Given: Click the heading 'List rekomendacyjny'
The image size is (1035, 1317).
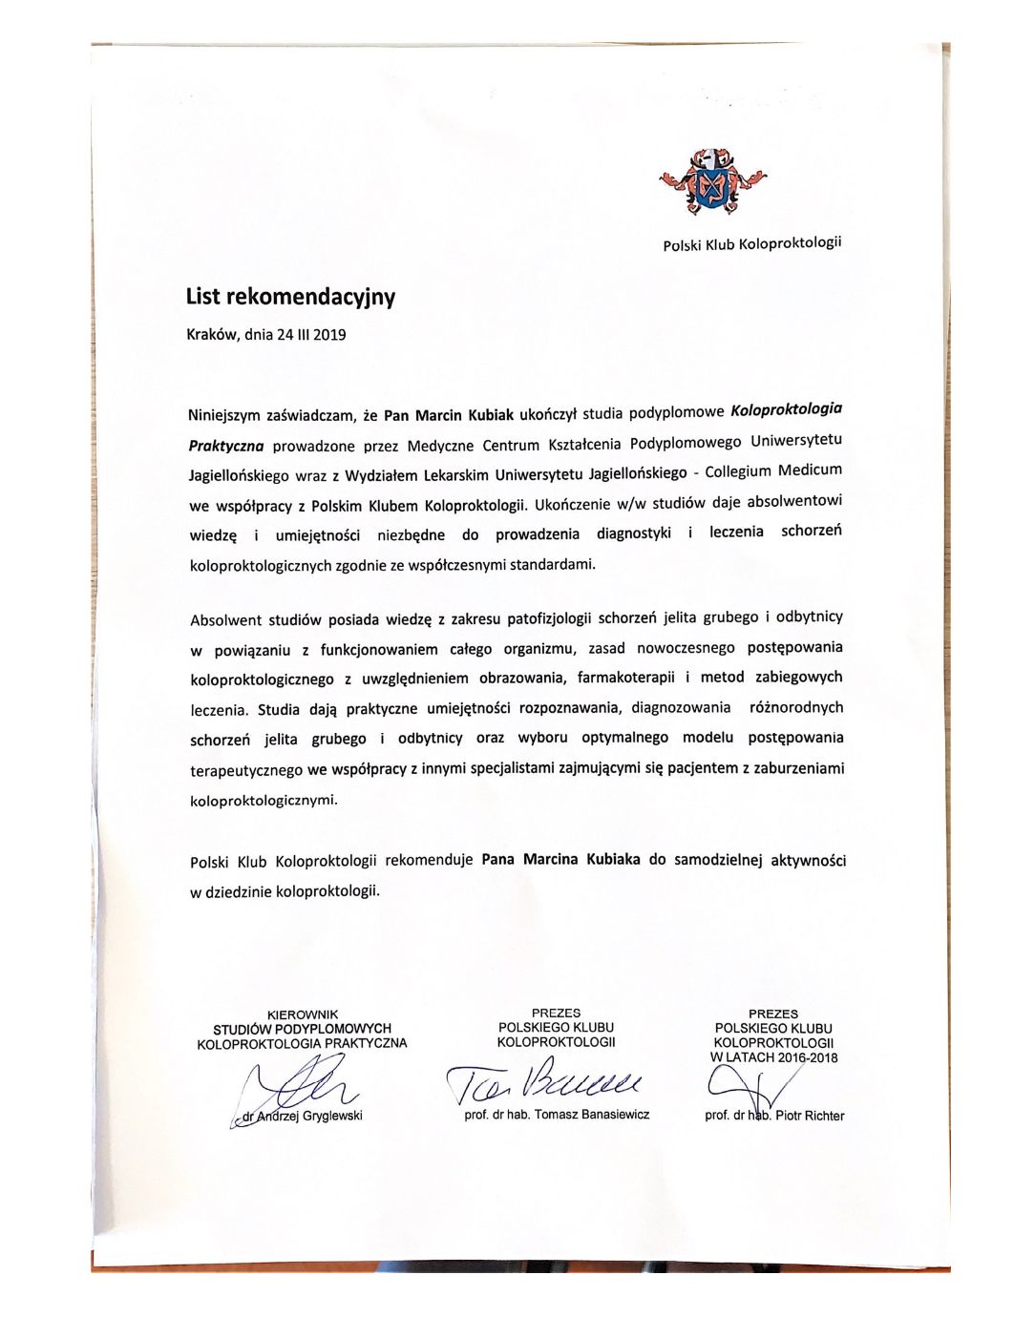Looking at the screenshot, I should pos(290,297).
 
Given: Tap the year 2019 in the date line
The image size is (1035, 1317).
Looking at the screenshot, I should pos(329,335).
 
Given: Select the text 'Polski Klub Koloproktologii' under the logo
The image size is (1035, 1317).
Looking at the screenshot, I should pos(752,244).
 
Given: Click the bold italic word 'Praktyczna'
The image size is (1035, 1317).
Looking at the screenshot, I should pos(226,445).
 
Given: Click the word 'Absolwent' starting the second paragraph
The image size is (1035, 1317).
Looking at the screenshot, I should pos(225,620).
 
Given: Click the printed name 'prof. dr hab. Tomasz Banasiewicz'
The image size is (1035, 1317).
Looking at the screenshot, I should pos(557,1115).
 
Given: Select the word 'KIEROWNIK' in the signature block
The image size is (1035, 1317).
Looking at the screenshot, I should pos(303,1014).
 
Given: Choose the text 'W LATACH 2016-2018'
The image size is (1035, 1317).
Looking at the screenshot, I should pos(773,1057).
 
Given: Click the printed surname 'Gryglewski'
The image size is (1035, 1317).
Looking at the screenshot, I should pos(331,1116).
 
